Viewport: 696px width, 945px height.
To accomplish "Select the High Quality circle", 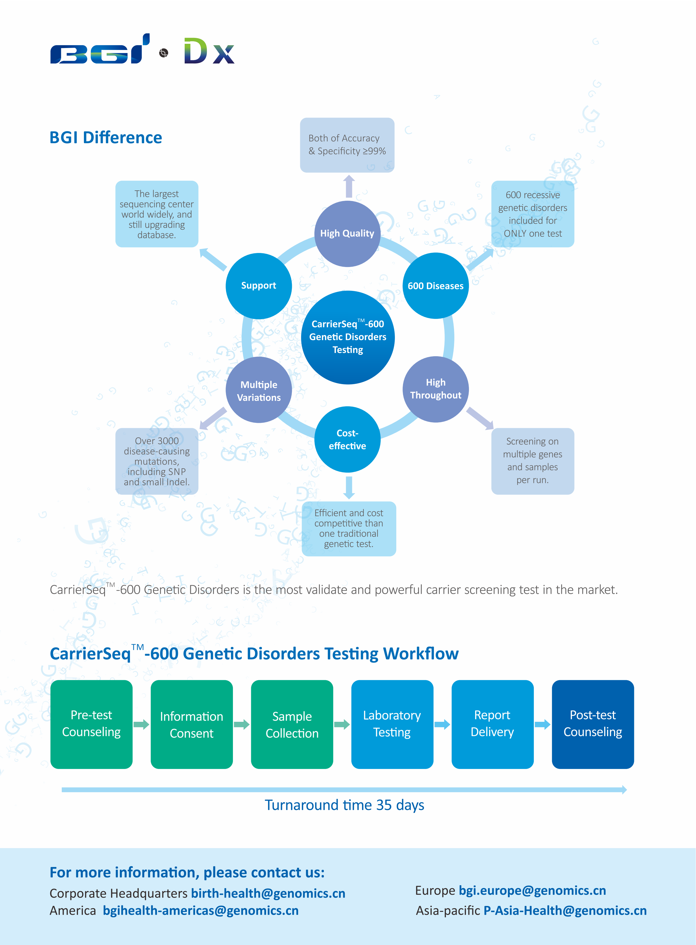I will [x=347, y=234].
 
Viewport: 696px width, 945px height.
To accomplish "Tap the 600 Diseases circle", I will [x=435, y=286].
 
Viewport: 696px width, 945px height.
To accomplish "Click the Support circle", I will [x=259, y=286].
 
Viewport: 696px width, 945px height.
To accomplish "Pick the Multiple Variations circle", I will [x=259, y=390].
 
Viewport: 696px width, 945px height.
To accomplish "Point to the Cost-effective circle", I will [x=347, y=439].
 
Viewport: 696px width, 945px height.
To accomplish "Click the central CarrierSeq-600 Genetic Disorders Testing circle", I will [x=347, y=337].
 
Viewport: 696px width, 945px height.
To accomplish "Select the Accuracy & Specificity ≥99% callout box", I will [x=347, y=145].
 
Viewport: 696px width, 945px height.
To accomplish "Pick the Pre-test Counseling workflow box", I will [x=91, y=724].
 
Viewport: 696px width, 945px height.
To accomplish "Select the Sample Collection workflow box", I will [x=292, y=724].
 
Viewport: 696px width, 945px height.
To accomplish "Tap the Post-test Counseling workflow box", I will [x=592, y=724].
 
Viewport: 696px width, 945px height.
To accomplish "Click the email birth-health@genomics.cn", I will [x=268, y=893].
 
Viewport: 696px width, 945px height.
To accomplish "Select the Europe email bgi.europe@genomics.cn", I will [x=532, y=890].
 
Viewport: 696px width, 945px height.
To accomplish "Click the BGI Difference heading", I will [x=106, y=137].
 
